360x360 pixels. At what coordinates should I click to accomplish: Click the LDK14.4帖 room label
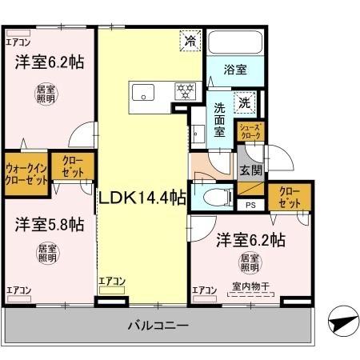[x=142, y=195]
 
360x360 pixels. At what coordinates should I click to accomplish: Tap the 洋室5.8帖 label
[x=49, y=226]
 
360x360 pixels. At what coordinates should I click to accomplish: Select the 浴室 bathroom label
[x=234, y=70]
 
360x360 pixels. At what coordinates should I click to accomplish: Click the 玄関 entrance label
[x=251, y=170]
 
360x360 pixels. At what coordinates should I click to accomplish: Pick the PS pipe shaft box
[x=251, y=205]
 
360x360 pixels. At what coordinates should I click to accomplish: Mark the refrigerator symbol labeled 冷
[x=190, y=41]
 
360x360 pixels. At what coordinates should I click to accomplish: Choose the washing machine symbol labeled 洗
[x=246, y=102]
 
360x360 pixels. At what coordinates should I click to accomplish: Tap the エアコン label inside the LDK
[x=113, y=281]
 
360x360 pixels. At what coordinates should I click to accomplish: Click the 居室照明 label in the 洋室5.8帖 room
[x=49, y=254]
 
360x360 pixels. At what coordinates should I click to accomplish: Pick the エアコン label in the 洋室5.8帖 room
[x=19, y=289]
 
